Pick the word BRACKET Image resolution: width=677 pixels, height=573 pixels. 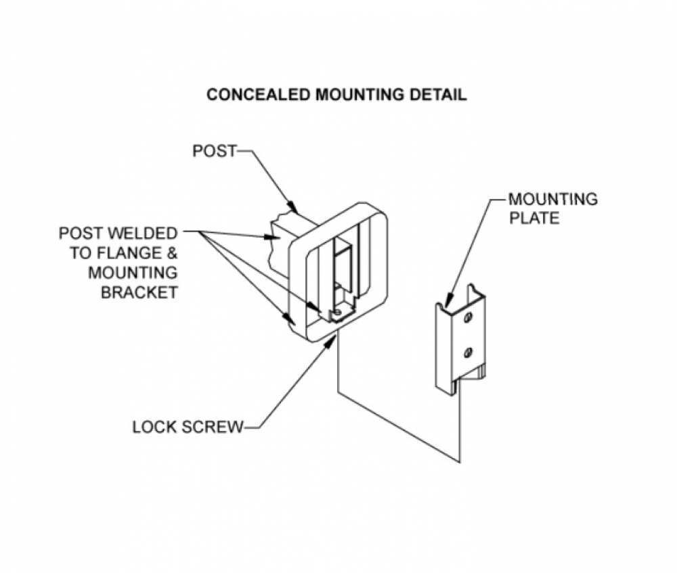click(x=139, y=292)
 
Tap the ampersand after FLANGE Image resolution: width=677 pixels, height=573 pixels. click(x=172, y=253)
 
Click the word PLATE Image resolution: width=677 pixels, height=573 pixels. click(x=534, y=219)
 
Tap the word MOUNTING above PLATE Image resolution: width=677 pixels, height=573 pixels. click(x=553, y=200)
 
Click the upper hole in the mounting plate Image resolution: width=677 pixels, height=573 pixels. click(x=468, y=318)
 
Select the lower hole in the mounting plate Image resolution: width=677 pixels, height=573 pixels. click(x=468, y=353)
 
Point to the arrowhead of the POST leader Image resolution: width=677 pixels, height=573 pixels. click(x=293, y=208)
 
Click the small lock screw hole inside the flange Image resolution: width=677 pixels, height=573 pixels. click(x=338, y=311)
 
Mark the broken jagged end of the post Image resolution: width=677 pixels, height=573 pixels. click(x=273, y=243)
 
